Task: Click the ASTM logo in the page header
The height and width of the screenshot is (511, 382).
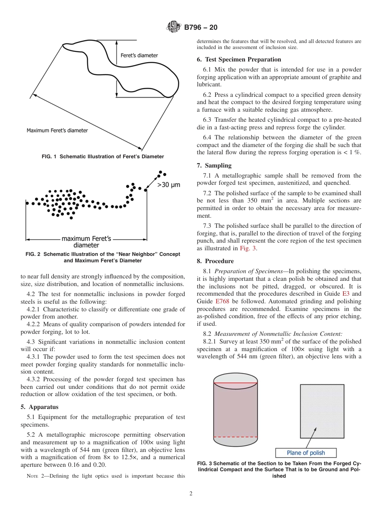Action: click(x=174, y=28)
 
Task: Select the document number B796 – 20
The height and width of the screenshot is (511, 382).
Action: click(x=201, y=28)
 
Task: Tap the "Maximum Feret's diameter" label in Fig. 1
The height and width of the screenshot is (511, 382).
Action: click(x=57, y=130)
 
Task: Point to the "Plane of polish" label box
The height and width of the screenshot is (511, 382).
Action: click(x=306, y=453)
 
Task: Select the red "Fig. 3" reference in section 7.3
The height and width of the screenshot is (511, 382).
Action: click(x=247, y=248)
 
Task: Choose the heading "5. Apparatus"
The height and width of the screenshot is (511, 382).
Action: click(x=39, y=407)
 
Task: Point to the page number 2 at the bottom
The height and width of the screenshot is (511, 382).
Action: click(x=191, y=494)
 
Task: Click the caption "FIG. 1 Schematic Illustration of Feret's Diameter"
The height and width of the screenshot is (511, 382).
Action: click(x=103, y=156)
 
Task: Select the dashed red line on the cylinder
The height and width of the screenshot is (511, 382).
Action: click(x=235, y=437)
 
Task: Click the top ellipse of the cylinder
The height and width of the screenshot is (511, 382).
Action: click(x=235, y=380)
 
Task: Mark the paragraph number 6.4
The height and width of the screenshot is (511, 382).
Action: click(x=208, y=138)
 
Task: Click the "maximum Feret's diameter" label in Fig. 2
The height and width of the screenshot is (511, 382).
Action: click(x=86, y=241)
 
